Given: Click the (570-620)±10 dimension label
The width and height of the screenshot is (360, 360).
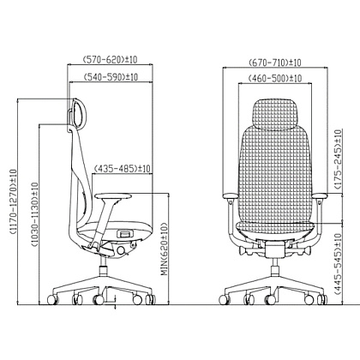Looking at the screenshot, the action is (x=110, y=60).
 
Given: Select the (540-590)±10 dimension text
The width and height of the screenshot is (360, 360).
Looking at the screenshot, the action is (x=111, y=77).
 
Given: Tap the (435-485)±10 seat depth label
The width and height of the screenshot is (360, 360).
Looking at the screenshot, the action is (x=122, y=169).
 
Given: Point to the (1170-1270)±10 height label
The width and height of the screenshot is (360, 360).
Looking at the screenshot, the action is (x=13, y=201).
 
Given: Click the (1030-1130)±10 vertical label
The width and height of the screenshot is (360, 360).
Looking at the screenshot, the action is (x=34, y=214).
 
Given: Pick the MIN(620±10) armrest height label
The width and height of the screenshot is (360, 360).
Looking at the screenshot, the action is (x=165, y=249).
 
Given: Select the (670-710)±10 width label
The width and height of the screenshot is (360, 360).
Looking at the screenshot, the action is (x=275, y=63).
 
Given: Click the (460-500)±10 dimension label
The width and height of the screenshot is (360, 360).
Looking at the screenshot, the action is (x=275, y=78).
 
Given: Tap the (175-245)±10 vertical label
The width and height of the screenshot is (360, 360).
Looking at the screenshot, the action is (x=338, y=159).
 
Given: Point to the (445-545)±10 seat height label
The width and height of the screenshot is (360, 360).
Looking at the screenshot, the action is (x=338, y=265).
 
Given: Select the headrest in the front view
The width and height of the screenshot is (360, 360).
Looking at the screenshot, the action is (x=275, y=114).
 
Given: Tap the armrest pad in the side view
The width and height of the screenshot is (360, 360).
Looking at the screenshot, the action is (x=113, y=196).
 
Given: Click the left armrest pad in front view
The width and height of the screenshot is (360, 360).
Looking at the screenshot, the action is (x=230, y=195).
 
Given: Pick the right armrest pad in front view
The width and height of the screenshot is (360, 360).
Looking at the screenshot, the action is (x=321, y=195).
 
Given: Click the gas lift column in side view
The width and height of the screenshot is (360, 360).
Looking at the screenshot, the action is (x=103, y=267).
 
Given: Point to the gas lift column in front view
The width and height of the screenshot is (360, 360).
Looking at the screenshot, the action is (x=275, y=267).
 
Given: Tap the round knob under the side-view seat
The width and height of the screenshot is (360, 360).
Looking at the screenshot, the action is (x=121, y=250).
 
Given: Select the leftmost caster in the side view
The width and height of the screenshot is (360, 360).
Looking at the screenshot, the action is (x=52, y=299).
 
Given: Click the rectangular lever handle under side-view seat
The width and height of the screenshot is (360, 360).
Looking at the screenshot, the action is (x=126, y=234).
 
